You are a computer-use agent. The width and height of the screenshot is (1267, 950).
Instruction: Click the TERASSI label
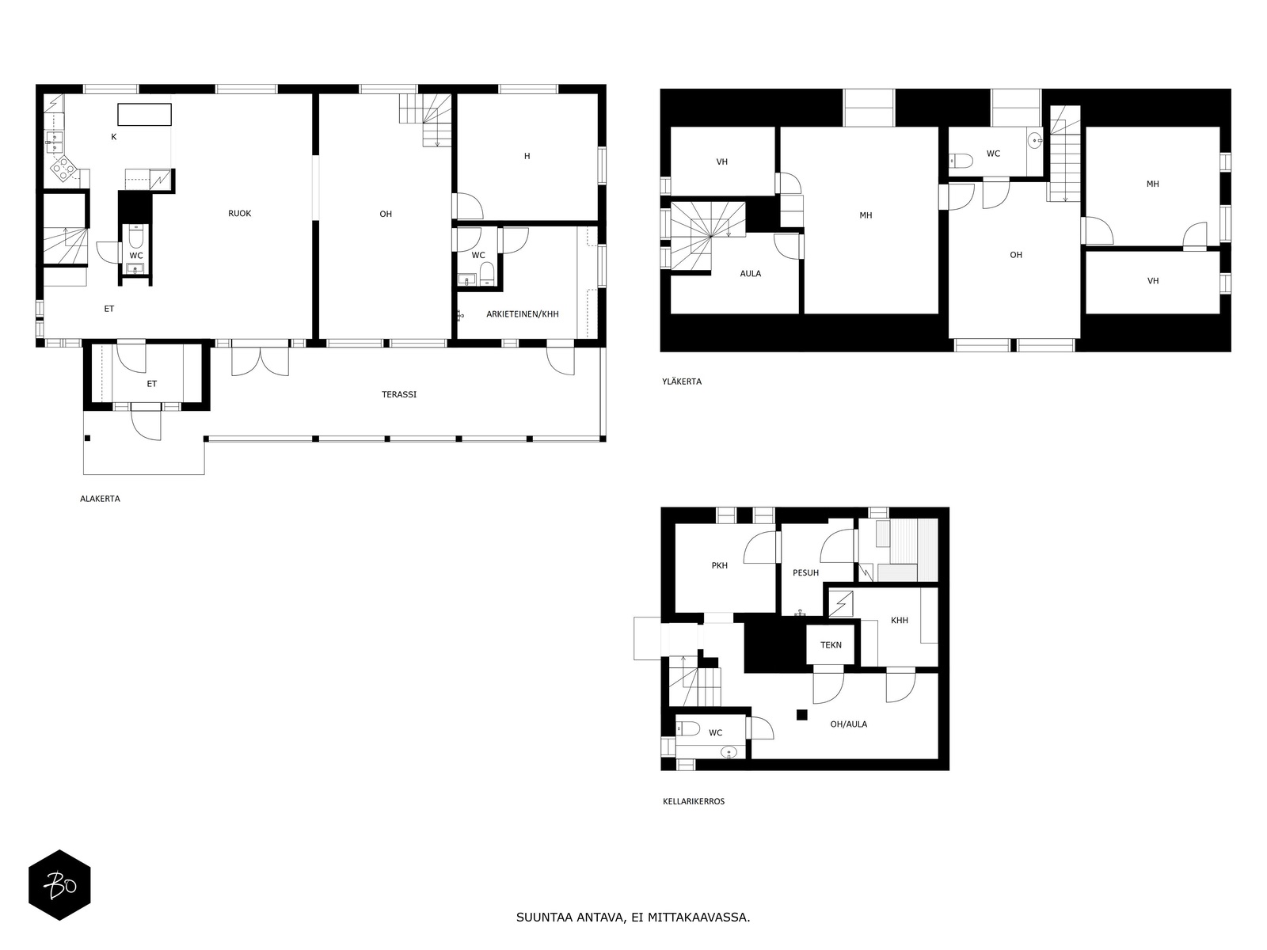coord(399,394)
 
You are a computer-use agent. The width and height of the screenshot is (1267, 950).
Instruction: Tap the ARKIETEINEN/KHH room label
coord(522,314)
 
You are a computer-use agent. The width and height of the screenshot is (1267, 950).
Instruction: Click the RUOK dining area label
coord(239,214)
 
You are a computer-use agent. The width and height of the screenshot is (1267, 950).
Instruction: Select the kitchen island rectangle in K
coord(145,114)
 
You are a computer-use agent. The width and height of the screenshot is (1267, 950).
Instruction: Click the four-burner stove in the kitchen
coord(63,168)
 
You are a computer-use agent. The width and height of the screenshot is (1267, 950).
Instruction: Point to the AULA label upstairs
coord(750,274)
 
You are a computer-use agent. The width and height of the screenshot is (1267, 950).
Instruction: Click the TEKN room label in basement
coord(831,645)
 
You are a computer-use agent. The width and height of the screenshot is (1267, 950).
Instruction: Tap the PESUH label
coord(805,572)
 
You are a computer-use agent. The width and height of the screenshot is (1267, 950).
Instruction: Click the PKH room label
coord(719,566)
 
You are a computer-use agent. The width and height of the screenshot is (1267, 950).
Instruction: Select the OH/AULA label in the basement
coord(848,724)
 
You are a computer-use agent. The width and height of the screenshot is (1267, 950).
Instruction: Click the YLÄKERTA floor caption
coord(682,382)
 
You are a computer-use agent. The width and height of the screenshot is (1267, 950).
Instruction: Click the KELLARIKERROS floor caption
coord(693,801)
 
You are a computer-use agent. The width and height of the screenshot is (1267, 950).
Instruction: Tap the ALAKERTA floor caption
coord(100,499)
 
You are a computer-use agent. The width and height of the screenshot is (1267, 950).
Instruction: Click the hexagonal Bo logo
coord(59,885)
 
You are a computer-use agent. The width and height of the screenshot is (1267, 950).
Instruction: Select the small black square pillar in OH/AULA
coord(801,715)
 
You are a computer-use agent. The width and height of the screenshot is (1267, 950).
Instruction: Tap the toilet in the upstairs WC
coord(961,161)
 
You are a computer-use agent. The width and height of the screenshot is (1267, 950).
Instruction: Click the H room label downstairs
coord(527,157)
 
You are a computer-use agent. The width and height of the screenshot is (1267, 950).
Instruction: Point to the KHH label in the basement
coord(899,621)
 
